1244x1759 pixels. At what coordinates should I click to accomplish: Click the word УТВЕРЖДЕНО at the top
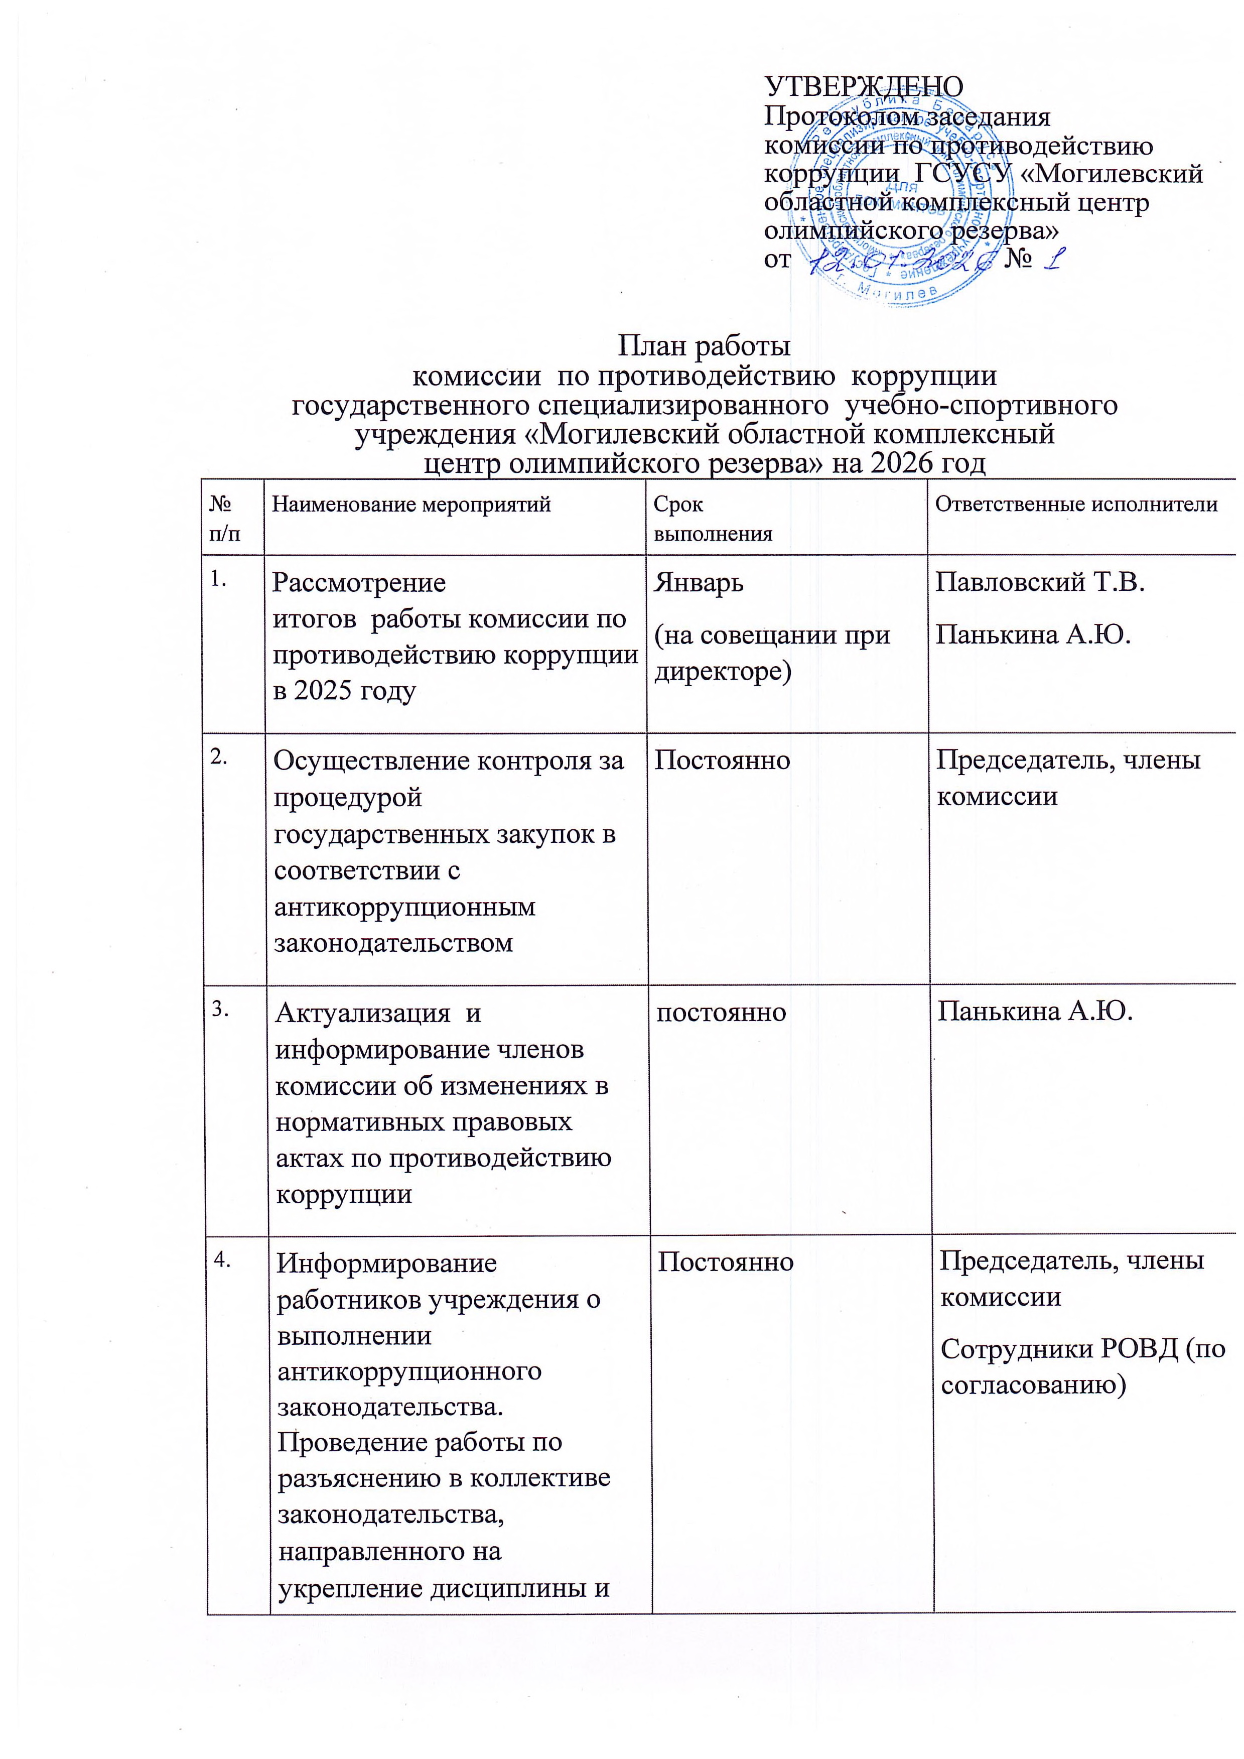(864, 86)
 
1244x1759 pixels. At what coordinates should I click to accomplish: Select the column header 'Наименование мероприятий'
(411, 505)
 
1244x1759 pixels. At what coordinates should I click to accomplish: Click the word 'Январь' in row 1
(698, 583)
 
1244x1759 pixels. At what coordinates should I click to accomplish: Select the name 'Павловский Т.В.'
(1039, 583)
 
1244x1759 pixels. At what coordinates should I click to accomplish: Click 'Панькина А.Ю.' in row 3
(1035, 1012)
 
